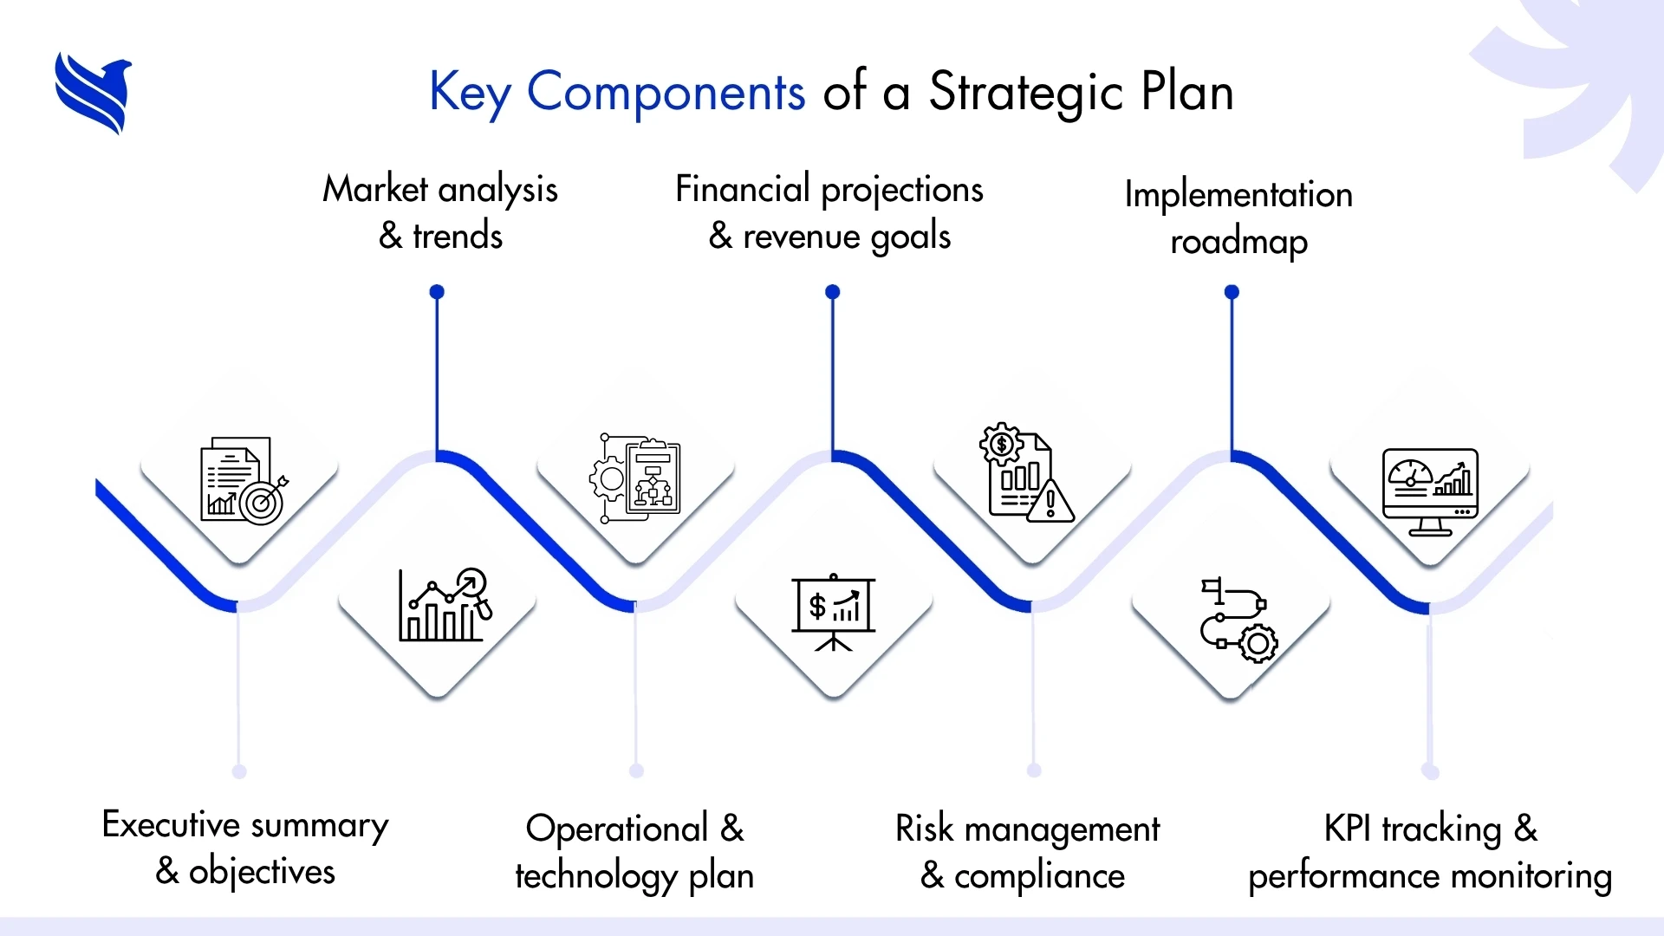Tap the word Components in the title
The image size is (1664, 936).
coord(666,92)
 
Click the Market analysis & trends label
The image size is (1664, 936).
coord(440,212)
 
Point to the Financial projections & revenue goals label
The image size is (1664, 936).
coord(829,213)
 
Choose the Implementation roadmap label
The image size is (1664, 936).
coord(1238,218)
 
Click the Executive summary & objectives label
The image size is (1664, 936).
coord(245,848)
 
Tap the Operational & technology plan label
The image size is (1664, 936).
coord(634,852)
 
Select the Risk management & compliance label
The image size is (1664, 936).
coord(1027,852)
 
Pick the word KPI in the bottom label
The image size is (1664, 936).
coord(1348,829)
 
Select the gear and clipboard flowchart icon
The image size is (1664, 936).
coord(635,478)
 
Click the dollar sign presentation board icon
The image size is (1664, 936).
coord(834,612)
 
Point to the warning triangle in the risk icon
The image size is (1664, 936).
coord(1050,501)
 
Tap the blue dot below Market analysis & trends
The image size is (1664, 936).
coord(437,292)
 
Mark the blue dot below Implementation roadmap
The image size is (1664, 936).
coord(1232,292)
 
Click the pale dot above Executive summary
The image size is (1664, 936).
coord(239,771)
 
